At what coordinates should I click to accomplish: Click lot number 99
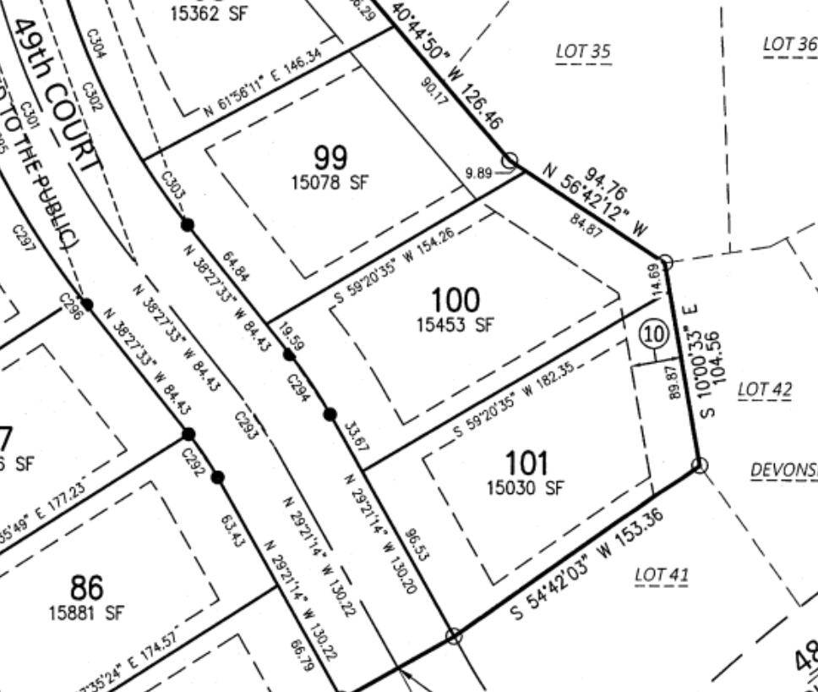[330, 157]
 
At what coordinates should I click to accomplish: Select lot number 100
[455, 299]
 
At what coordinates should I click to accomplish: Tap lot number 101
[526, 463]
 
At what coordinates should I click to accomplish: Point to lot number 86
[86, 587]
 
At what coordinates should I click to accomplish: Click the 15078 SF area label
[330, 182]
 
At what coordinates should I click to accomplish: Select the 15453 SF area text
[455, 324]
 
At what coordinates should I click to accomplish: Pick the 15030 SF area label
[525, 487]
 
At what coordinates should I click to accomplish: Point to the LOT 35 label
[583, 52]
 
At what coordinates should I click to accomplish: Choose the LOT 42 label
[765, 390]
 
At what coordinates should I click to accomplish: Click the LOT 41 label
[662, 575]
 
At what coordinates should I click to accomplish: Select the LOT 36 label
[789, 44]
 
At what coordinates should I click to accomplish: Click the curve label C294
[298, 388]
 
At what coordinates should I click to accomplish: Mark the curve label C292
[194, 462]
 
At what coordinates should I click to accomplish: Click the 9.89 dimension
[478, 173]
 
